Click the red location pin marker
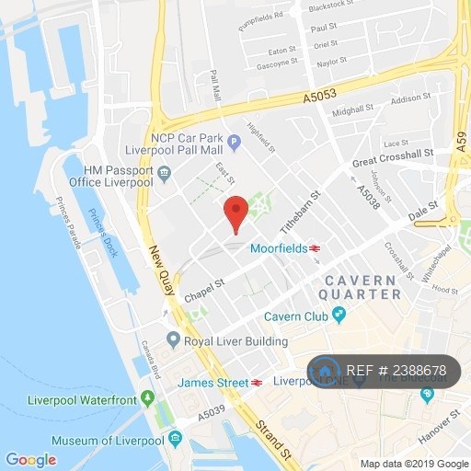(x=236, y=213)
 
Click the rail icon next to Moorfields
(x=315, y=248)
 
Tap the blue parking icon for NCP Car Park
(x=235, y=142)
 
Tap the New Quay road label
(x=158, y=275)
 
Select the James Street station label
(x=213, y=382)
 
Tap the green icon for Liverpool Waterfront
(x=147, y=399)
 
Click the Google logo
(x=30, y=459)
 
